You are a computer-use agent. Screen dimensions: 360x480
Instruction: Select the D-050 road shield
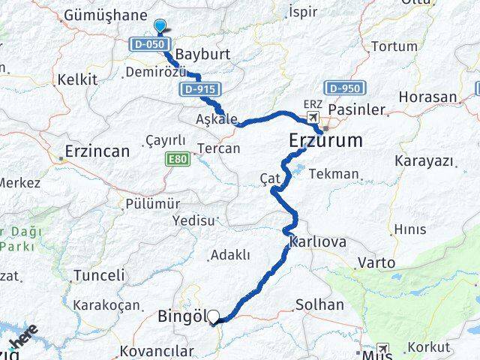[x=147, y=44]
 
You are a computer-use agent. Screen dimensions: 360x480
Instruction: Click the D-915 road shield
[x=199, y=89]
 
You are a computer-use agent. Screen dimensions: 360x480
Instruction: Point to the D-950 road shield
[x=345, y=88]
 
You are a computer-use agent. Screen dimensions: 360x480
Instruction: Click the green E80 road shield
[x=177, y=159]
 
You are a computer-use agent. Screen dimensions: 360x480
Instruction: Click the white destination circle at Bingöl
[x=214, y=317]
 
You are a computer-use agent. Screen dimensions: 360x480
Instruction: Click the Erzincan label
[x=97, y=151]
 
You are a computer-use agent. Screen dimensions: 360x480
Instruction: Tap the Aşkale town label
[x=216, y=119]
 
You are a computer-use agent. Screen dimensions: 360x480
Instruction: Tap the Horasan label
[x=427, y=97]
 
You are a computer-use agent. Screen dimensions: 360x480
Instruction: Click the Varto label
[x=376, y=262]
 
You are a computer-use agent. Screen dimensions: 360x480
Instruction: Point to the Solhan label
[x=319, y=304]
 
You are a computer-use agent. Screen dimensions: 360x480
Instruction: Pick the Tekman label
[x=334, y=173]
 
